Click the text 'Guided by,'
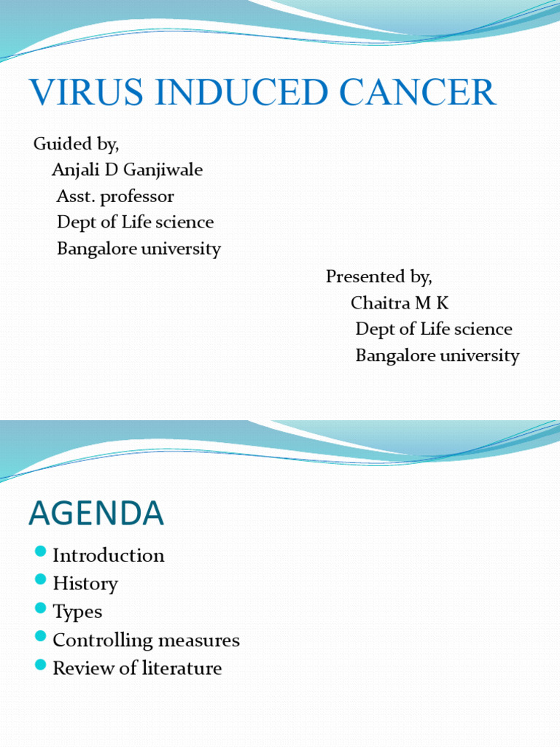(77, 144)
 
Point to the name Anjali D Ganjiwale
(128, 170)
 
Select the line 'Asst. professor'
(115, 196)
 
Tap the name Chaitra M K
(400, 303)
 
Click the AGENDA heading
(96, 514)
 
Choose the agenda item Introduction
(109, 556)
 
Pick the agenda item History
(85, 584)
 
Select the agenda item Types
(77, 612)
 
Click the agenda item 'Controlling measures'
(146, 640)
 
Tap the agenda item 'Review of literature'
(137, 668)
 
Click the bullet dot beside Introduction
(40, 551)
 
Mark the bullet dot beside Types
(40, 608)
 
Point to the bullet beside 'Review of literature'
(40, 665)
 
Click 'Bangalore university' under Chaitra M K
(437, 356)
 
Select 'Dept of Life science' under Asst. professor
(135, 222)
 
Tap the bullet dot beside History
(40, 580)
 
